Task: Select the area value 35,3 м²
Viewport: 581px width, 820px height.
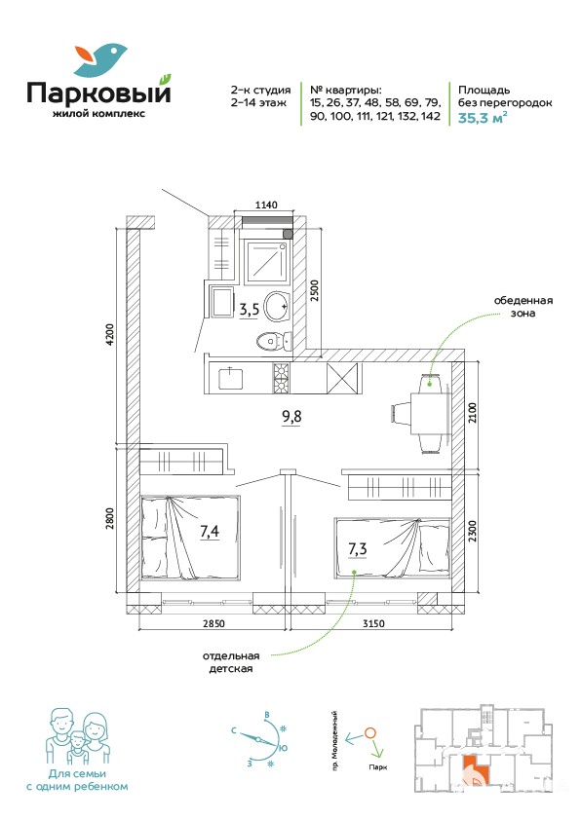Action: (483, 117)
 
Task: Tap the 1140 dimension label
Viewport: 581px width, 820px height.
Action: (266, 205)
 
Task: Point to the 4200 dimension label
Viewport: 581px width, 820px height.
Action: (109, 338)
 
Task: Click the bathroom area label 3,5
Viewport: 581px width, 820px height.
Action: (250, 310)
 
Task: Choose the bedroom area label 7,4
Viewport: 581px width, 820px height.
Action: (210, 532)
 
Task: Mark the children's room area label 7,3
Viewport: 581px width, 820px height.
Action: (358, 549)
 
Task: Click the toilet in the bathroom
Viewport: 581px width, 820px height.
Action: (274, 341)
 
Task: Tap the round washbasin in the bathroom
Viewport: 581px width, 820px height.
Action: (276, 307)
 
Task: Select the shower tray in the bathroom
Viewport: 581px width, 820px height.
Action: (266, 263)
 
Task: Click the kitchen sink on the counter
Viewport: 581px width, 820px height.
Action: (231, 378)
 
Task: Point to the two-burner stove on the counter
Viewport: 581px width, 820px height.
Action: (281, 378)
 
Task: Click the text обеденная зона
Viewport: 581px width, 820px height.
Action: (523, 307)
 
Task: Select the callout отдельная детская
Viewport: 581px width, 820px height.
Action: (231, 662)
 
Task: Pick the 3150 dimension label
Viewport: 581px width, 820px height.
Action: (373, 623)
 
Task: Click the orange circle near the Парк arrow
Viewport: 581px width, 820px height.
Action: (369, 733)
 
